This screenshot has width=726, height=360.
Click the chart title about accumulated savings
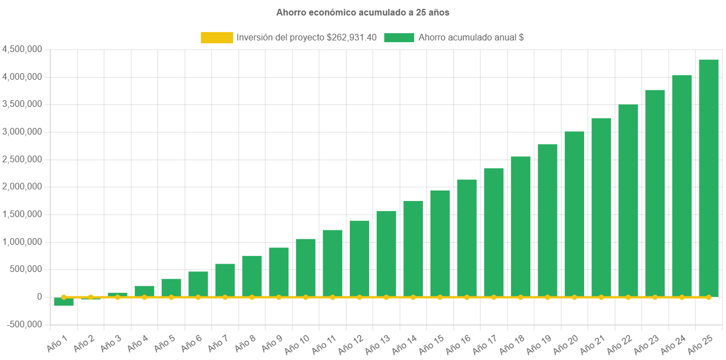pyautogui.click(x=362, y=12)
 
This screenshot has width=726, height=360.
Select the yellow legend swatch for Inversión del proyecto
pyautogui.click(x=217, y=38)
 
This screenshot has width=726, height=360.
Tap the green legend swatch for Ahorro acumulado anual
pyautogui.click(x=399, y=38)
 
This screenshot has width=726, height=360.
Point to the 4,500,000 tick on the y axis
pyautogui.click(x=23, y=49)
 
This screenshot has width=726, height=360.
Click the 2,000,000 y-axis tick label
pyautogui.click(x=23, y=187)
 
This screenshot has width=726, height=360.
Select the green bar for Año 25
pyautogui.click(x=708, y=177)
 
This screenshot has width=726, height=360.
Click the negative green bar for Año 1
pyautogui.click(x=64, y=301)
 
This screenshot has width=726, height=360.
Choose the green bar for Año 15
pyautogui.click(x=440, y=244)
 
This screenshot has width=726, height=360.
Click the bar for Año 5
pyautogui.click(x=171, y=287)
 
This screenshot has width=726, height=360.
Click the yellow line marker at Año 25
pyautogui.click(x=708, y=297)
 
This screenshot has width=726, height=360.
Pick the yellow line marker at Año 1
pyautogui.click(x=64, y=297)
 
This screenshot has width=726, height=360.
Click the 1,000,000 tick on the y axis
pyautogui.click(x=23, y=242)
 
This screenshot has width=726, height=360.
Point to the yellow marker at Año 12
pyautogui.click(x=359, y=297)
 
